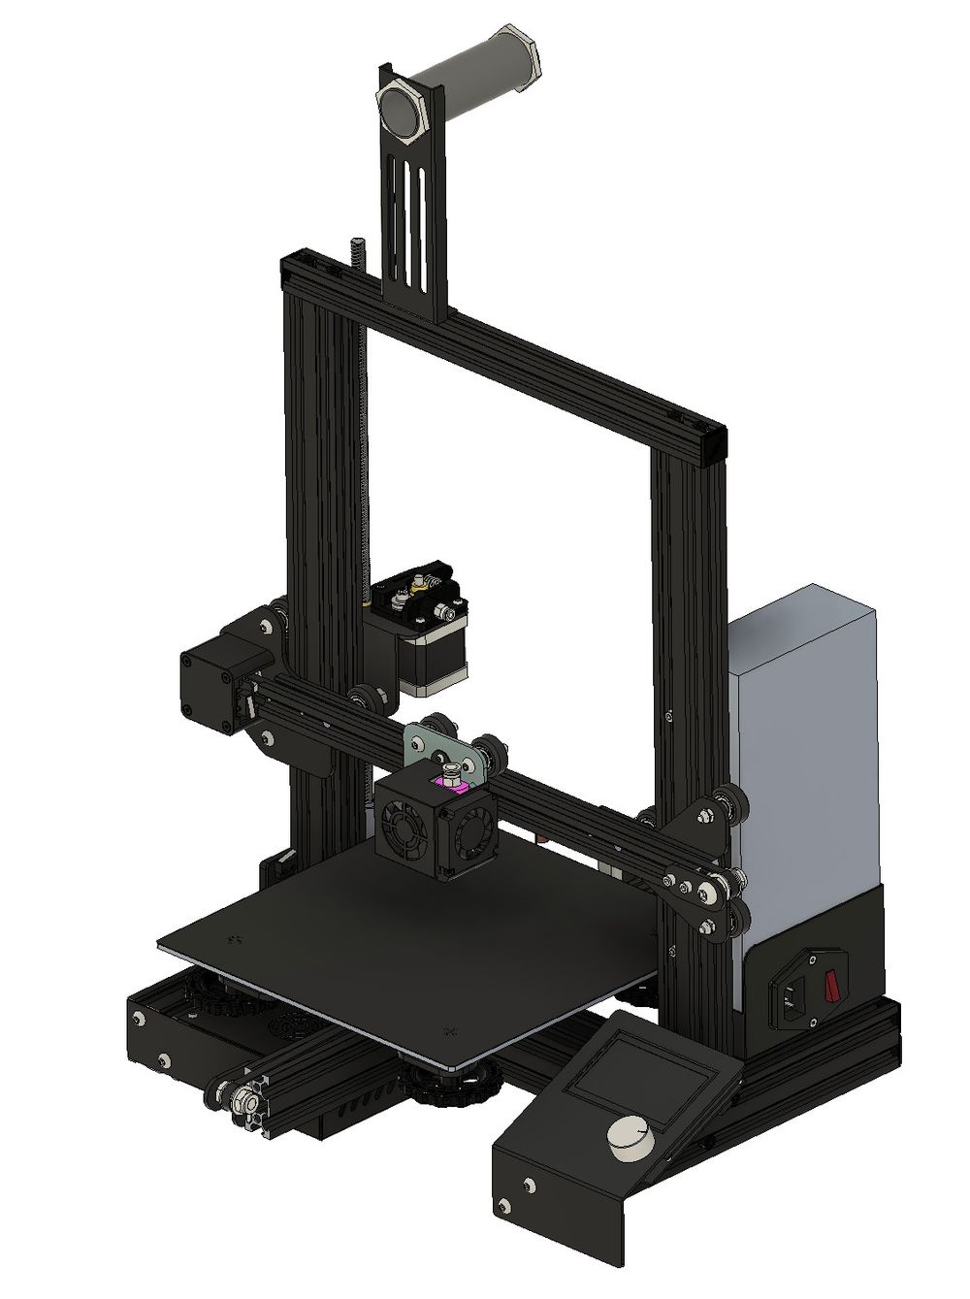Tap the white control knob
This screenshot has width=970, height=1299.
[x=630, y=1136]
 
